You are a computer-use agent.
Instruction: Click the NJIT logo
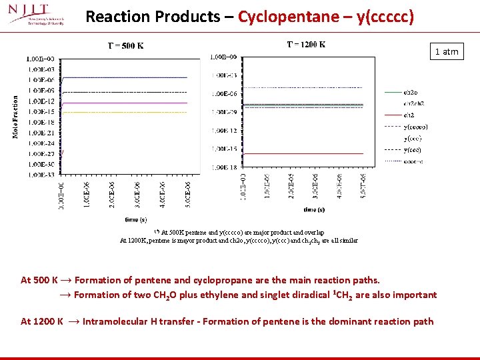point(37,15)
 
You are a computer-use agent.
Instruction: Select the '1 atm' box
point(446,51)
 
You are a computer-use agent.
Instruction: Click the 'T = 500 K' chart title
point(125,46)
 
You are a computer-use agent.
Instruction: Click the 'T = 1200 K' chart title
point(306,45)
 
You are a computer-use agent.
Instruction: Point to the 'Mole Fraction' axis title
point(15,116)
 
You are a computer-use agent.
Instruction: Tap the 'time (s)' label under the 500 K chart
point(135,219)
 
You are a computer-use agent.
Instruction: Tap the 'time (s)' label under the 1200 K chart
point(313,209)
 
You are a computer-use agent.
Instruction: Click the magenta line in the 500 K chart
point(127,103)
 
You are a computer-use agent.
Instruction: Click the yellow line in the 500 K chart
point(127,113)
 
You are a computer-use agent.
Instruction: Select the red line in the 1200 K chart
point(303,153)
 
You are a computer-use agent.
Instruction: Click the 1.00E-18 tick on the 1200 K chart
point(223,167)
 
